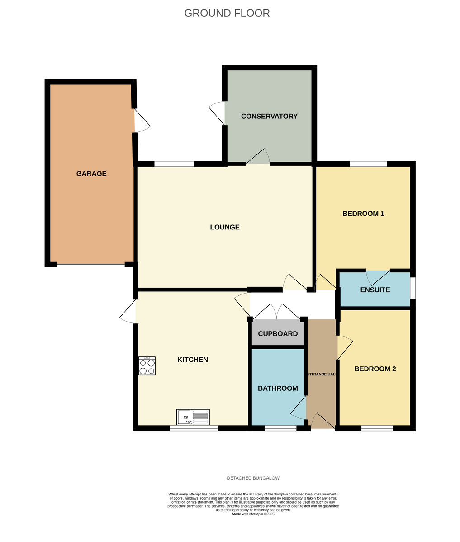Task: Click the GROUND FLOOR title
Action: [x=227, y=13]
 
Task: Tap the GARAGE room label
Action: [x=91, y=173]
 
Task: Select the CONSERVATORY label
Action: [x=269, y=116]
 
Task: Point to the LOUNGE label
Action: [x=224, y=227]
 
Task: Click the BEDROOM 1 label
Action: [x=363, y=214]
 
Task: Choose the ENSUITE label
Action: [x=375, y=290]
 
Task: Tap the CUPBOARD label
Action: [x=278, y=333]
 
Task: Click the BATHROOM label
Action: [x=278, y=388]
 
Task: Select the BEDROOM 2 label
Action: [x=375, y=369]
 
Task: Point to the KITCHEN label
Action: [x=192, y=359]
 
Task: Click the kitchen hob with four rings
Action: [x=147, y=366]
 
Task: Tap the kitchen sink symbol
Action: [x=193, y=417]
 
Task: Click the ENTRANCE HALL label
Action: [x=322, y=374]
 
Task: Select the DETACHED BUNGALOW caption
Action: [x=253, y=478]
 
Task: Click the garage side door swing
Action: [x=142, y=121]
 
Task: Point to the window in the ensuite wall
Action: [x=413, y=288]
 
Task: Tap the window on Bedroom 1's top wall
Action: [x=368, y=164]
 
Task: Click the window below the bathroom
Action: [x=280, y=429]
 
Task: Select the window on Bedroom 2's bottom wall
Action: [x=377, y=429]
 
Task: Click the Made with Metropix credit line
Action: [x=253, y=514]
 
